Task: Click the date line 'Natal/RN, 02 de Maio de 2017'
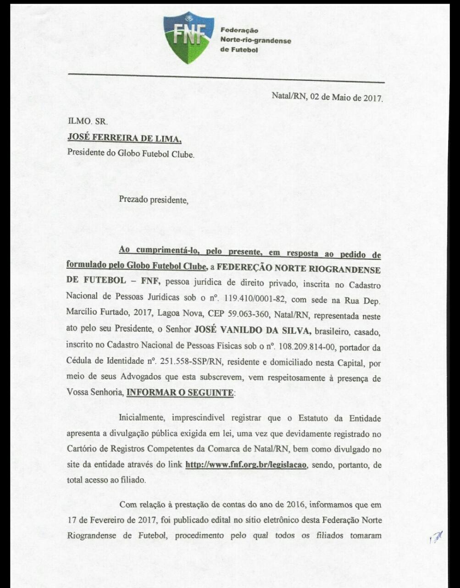pyautogui.click(x=327, y=97)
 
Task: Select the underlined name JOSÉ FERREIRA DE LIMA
pyautogui.click(x=124, y=137)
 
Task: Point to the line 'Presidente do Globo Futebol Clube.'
pyautogui.click(x=131, y=153)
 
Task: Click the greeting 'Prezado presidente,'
pyautogui.click(x=154, y=200)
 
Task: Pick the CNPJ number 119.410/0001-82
pyautogui.click(x=255, y=300)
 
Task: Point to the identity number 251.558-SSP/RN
pyautogui.click(x=191, y=362)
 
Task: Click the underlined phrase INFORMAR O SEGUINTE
pyautogui.click(x=180, y=393)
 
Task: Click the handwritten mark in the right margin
pyautogui.click(x=436, y=537)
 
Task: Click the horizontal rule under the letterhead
pyautogui.click(x=226, y=78)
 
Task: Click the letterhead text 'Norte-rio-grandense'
pyautogui.click(x=255, y=40)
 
